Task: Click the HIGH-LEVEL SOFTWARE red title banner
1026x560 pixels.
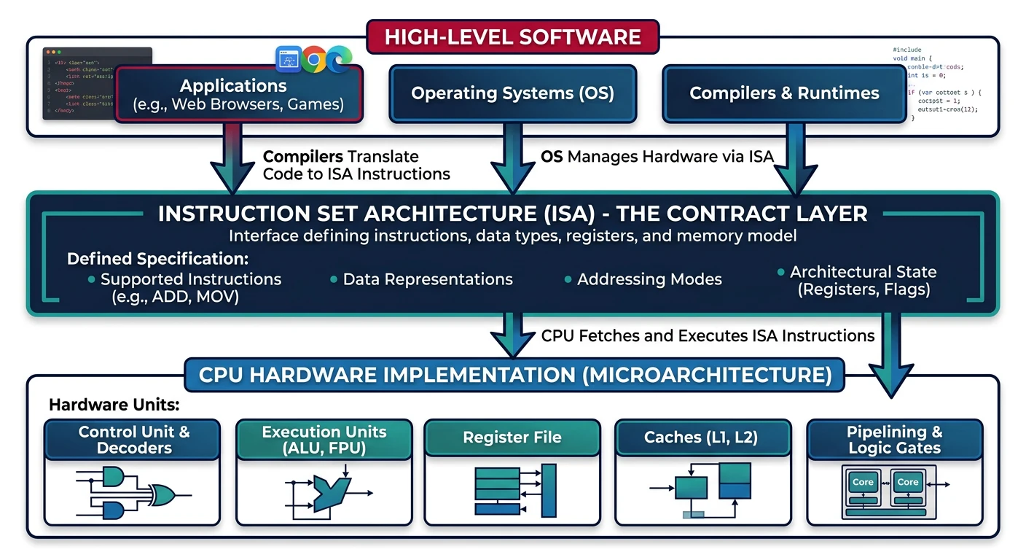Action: (x=512, y=37)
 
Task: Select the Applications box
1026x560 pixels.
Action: (x=238, y=95)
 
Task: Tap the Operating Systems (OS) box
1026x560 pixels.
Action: (x=512, y=93)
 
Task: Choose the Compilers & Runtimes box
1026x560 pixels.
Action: (x=784, y=93)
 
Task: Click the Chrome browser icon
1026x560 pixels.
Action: (x=314, y=59)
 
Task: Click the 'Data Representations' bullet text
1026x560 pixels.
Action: (x=428, y=279)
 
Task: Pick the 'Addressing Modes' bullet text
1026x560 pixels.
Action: (x=649, y=279)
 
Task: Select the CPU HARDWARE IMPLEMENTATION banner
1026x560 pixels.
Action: (x=514, y=375)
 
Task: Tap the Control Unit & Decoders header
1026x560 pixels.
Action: (x=133, y=440)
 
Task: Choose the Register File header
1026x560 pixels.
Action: (x=512, y=437)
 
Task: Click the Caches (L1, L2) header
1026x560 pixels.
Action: (x=700, y=437)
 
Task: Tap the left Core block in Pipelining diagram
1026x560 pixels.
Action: (x=863, y=482)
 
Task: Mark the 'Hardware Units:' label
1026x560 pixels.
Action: (x=114, y=405)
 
